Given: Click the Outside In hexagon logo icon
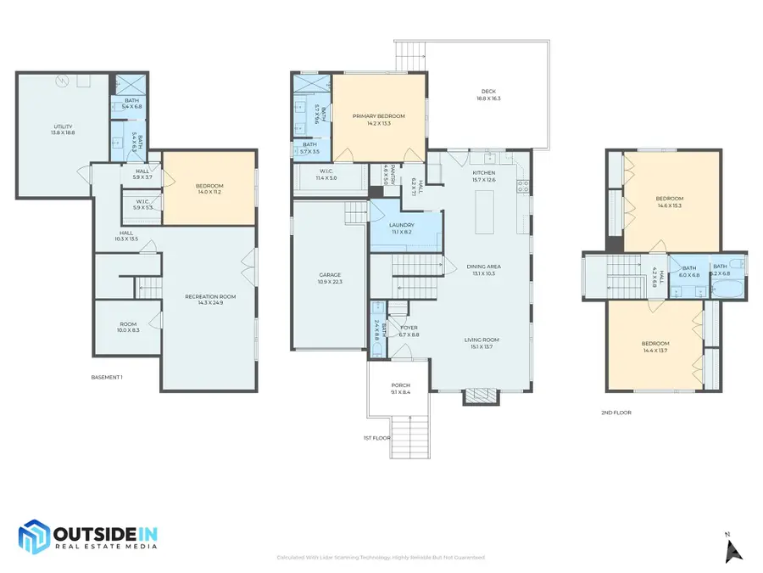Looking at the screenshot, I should point(35,537).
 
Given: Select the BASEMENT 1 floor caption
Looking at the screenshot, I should point(107,377).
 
